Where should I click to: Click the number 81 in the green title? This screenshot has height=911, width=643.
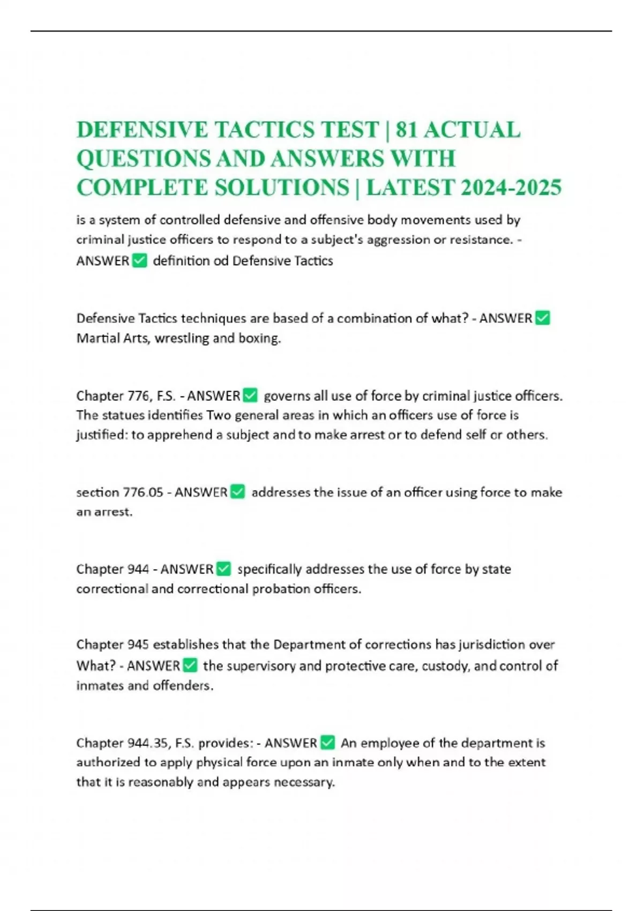(x=407, y=130)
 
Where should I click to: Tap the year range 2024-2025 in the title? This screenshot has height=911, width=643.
(x=511, y=188)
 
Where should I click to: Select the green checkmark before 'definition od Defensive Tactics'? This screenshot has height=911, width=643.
(x=139, y=261)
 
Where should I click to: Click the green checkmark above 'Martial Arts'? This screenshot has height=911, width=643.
(x=542, y=318)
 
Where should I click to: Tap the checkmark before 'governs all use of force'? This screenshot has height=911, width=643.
(x=250, y=396)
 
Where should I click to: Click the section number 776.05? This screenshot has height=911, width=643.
(x=143, y=492)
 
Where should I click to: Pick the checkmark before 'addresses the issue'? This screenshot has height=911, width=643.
(x=237, y=492)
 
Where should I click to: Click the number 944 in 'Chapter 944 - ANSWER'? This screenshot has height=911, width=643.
(x=138, y=569)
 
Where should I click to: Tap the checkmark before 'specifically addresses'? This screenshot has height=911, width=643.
(x=223, y=569)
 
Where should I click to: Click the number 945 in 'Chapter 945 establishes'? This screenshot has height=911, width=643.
(x=138, y=644)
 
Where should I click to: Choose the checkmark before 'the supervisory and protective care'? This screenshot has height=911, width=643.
(x=190, y=666)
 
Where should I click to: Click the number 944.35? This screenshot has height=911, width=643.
(x=147, y=743)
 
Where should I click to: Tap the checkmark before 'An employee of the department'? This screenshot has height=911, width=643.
(x=327, y=743)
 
